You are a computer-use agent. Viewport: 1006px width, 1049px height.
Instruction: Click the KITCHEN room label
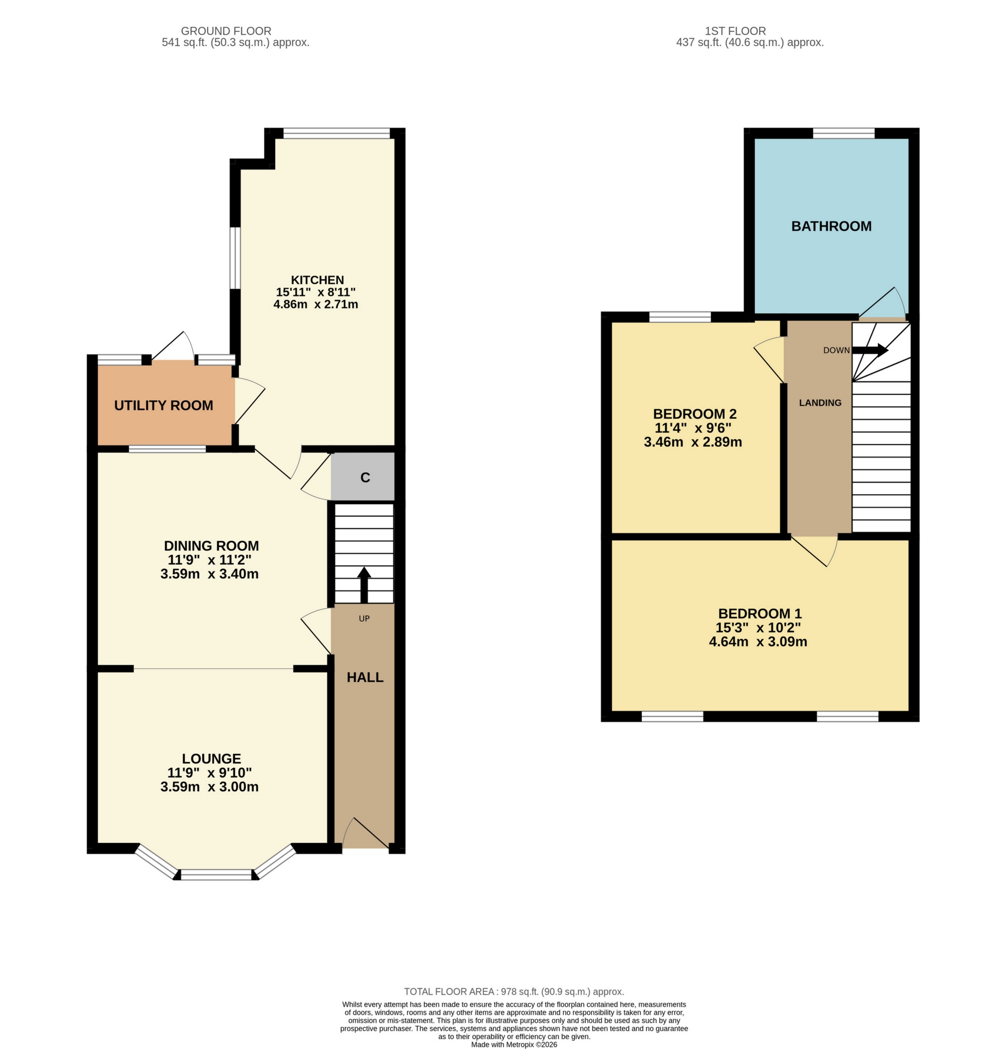pyautogui.click(x=317, y=279)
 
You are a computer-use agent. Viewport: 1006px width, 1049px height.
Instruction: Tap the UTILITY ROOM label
pyautogui.click(x=163, y=405)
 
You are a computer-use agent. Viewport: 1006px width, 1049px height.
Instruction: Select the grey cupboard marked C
pyautogui.click(x=365, y=477)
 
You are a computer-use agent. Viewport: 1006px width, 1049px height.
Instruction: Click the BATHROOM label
pyautogui.click(x=831, y=226)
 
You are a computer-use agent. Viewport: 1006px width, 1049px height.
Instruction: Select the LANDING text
pyautogui.click(x=820, y=402)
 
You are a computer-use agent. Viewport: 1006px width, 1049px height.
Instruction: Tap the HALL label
pyautogui.click(x=365, y=677)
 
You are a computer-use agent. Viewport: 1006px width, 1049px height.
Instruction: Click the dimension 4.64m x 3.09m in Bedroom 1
pyautogui.click(x=758, y=642)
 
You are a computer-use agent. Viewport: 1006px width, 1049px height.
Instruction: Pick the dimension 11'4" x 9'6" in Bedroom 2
pyautogui.click(x=693, y=428)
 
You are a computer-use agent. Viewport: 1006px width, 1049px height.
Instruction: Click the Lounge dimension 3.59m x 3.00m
pyautogui.click(x=209, y=787)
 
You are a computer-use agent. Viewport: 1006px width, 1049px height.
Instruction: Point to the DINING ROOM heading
pyautogui.click(x=211, y=545)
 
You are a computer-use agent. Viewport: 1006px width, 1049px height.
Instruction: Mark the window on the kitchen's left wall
pyautogui.click(x=234, y=258)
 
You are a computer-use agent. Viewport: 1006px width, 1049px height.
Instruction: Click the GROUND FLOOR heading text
pyautogui.click(x=226, y=31)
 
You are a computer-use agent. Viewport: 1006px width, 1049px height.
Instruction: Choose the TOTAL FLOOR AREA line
pyautogui.click(x=514, y=992)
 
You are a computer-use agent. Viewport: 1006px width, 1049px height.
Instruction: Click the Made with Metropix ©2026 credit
pyautogui.click(x=514, y=1044)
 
